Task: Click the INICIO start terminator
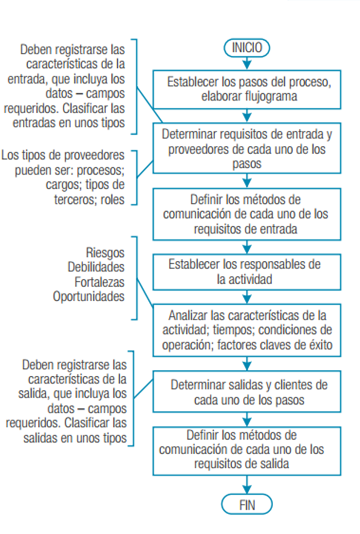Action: [x=247, y=47]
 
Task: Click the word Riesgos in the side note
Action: [x=106, y=253]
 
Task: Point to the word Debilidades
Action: [x=96, y=267]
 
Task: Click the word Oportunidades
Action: [x=89, y=297]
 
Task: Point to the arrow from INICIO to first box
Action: [x=247, y=64]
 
